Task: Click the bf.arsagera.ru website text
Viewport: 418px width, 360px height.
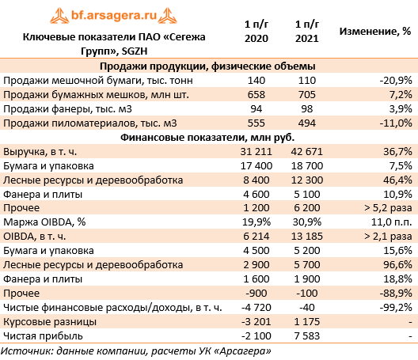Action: (x=114, y=15)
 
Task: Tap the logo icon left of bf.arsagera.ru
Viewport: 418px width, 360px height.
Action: (x=59, y=16)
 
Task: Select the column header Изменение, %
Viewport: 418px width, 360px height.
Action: (x=374, y=32)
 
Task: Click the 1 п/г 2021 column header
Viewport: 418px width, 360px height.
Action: (x=307, y=32)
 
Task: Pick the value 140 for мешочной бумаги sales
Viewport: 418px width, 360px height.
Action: (x=256, y=80)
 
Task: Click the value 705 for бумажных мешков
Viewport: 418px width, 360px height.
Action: (x=307, y=95)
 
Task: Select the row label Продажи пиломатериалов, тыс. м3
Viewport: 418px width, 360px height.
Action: (x=89, y=123)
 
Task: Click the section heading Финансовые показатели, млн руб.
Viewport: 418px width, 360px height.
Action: (x=207, y=137)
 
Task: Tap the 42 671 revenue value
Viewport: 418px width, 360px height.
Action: (x=307, y=152)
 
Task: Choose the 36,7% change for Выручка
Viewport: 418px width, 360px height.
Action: (x=397, y=152)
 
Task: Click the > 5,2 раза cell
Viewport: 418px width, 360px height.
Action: (x=388, y=208)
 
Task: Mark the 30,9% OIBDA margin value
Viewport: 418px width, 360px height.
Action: (x=307, y=222)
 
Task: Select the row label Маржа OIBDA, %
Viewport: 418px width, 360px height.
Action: (x=44, y=222)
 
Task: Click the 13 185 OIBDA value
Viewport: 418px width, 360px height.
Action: (x=307, y=237)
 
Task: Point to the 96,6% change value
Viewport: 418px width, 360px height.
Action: (x=397, y=265)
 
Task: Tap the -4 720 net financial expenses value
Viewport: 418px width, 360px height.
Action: (x=256, y=308)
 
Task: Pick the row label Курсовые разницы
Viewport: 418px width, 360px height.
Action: (x=50, y=322)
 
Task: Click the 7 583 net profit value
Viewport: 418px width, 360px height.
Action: (x=307, y=336)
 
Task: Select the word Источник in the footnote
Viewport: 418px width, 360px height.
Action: (x=27, y=351)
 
